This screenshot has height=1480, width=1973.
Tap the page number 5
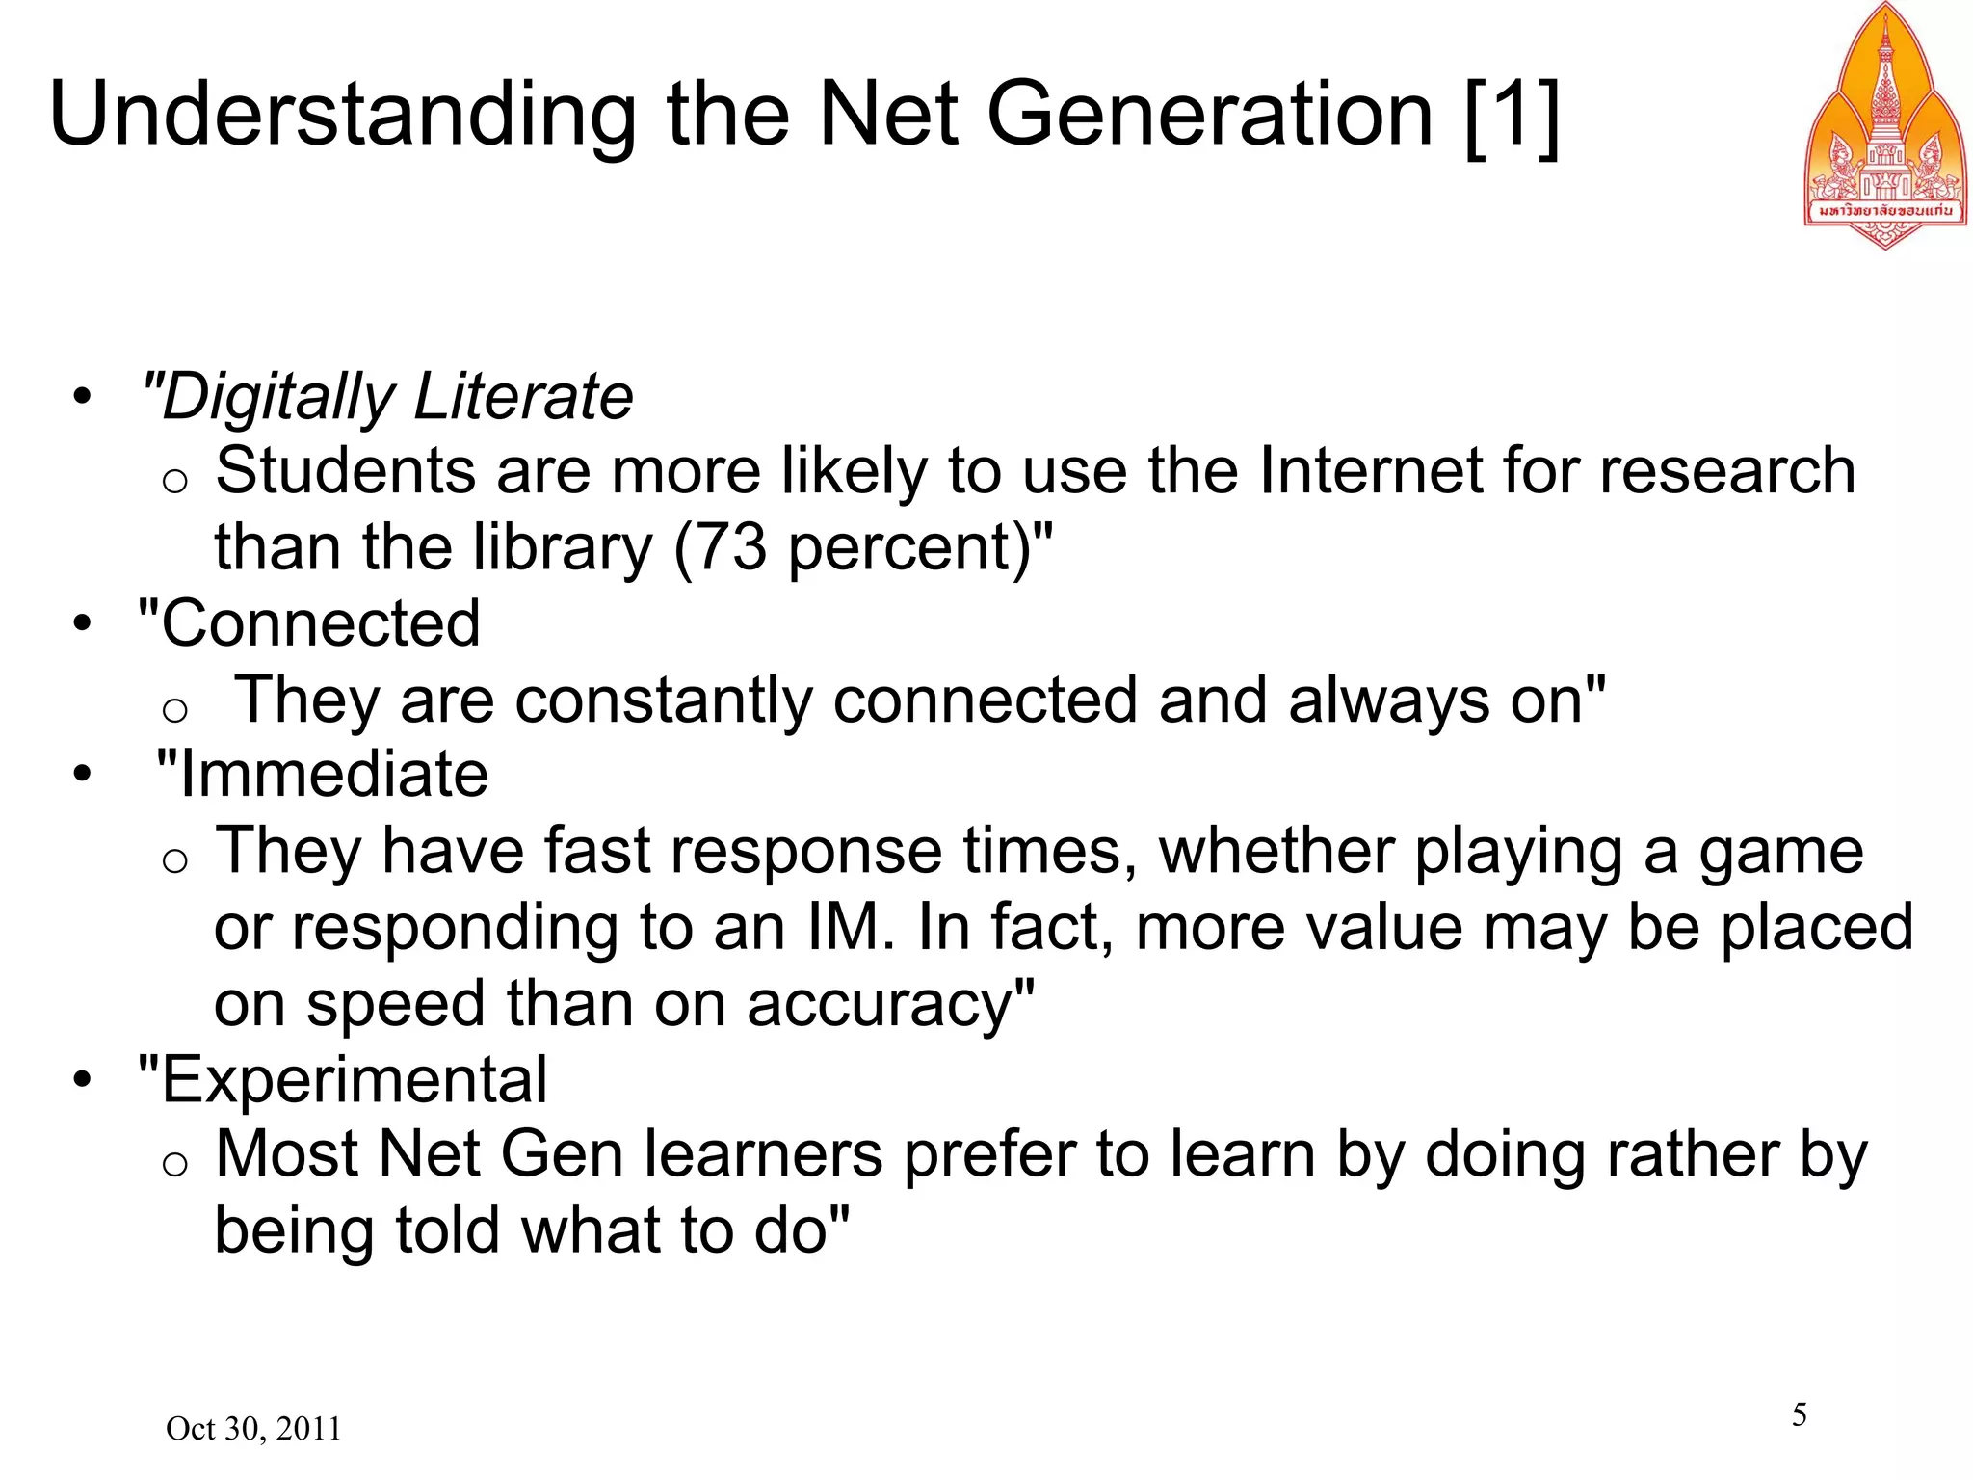click(x=1799, y=1414)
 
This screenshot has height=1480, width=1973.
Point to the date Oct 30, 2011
click(x=253, y=1428)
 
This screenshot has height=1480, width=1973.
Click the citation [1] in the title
click(x=1512, y=116)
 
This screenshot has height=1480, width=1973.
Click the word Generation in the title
click(x=1209, y=116)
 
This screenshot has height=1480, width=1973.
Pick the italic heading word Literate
click(x=523, y=397)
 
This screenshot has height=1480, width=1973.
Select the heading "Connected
click(x=309, y=623)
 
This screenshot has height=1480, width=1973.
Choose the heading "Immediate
click(x=322, y=775)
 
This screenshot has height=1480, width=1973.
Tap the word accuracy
click(x=880, y=1004)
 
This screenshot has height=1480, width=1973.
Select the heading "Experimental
click(x=343, y=1079)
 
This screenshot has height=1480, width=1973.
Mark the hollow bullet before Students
click(x=174, y=480)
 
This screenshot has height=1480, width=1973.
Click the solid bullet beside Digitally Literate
click(x=84, y=397)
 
